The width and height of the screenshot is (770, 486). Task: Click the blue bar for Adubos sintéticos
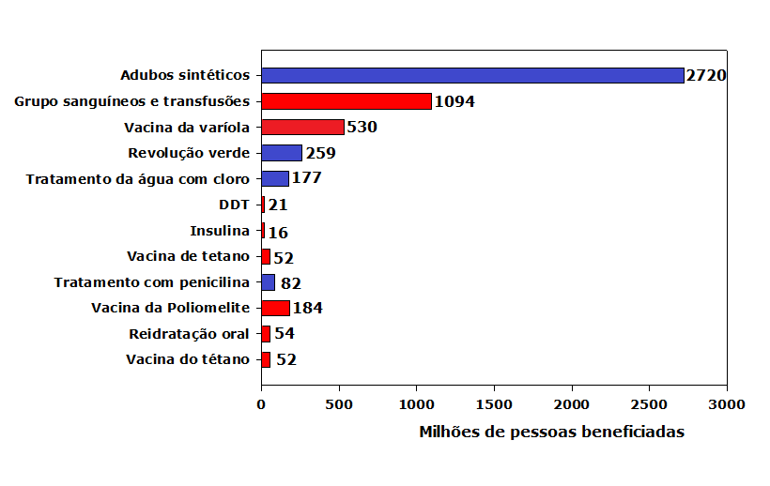pyautogui.click(x=472, y=75)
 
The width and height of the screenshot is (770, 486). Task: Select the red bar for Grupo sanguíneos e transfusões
pyautogui.click(x=346, y=101)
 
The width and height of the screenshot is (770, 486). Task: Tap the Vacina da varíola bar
pyautogui.click(x=302, y=127)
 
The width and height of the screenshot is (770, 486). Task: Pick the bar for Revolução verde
pyautogui.click(x=281, y=153)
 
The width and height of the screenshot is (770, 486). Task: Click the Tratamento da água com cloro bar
pyautogui.click(x=274, y=178)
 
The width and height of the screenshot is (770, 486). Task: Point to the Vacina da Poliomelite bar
pyautogui.click(x=275, y=307)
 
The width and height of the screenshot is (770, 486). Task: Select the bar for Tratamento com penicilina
pyautogui.click(x=268, y=281)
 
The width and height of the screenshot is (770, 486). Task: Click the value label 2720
pyautogui.click(x=706, y=75)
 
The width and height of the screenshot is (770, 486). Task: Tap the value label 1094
pyautogui.click(x=454, y=101)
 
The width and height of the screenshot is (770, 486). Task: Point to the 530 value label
pyautogui.click(x=362, y=127)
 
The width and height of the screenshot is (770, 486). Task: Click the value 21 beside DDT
pyautogui.click(x=278, y=205)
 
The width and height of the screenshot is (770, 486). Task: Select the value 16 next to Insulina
pyautogui.click(x=278, y=231)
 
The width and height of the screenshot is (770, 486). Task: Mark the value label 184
pyautogui.click(x=308, y=307)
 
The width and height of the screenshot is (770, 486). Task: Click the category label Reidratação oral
pyautogui.click(x=189, y=333)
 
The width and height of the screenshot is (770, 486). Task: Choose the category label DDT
pyautogui.click(x=234, y=205)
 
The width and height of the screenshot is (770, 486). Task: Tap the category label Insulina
pyautogui.click(x=220, y=230)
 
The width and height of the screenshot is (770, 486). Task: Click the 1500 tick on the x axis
pyautogui.click(x=494, y=404)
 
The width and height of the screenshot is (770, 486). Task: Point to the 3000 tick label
pyautogui.click(x=726, y=404)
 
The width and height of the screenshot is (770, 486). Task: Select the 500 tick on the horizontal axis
pyautogui.click(x=339, y=404)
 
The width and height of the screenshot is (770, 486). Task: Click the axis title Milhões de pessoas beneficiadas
pyautogui.click(x=551, y=432)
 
